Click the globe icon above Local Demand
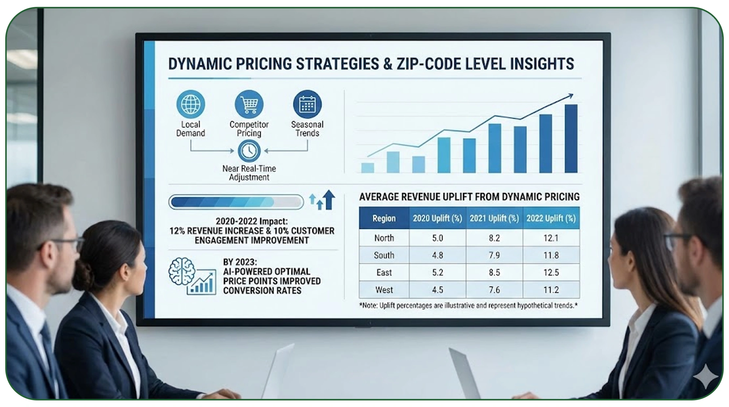click(191, 104)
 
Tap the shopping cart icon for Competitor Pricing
click(249, 104)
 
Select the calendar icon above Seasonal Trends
click(307, 104)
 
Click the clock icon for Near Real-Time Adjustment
click(249, 151)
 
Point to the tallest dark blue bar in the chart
click(571, 139)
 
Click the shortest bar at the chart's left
click(367, 168)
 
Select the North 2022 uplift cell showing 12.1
click(551, 238)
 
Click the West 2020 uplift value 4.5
click(437, 290)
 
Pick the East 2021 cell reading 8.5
click(494, 272)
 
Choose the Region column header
click(384, 218)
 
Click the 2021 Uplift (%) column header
click(494, 218)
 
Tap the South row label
click(384, 255)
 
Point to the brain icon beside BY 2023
click(181, 271)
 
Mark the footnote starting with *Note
click(468, 306)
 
